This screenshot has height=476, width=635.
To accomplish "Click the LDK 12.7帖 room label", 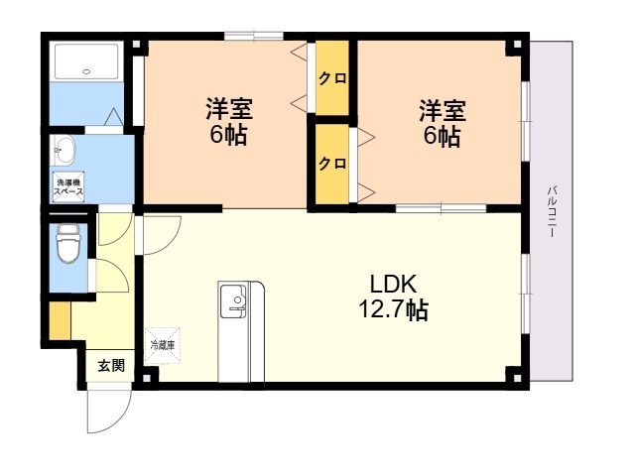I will tap(393, 297).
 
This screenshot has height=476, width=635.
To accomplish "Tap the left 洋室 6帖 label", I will tap(227, 121).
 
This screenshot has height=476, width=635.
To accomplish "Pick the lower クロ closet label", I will tap(332, 164).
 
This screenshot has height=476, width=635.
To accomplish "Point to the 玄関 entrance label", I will tap(110, 365).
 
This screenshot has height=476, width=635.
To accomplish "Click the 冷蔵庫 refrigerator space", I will tap(162, 344).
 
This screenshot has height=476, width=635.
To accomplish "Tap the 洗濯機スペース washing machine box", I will tap(68, 185).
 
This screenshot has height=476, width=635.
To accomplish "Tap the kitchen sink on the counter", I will tap(234, 297).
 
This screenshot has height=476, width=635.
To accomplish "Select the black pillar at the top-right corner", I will tap(513, 47).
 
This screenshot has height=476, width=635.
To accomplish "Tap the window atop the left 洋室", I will tap(254, 37).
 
